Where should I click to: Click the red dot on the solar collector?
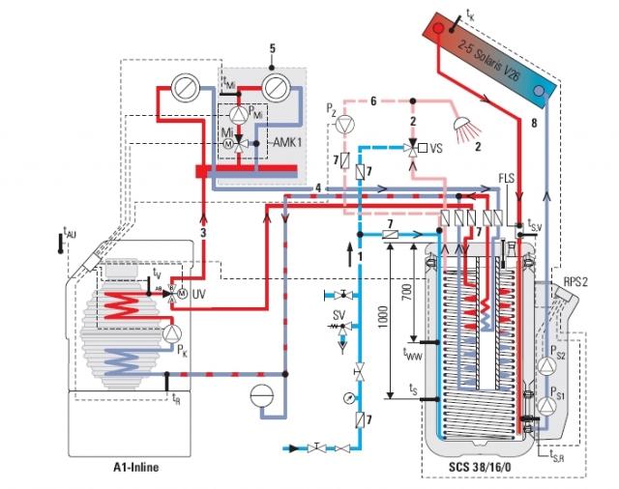tap(437, 28)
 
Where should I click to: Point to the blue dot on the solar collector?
tap(539, 89)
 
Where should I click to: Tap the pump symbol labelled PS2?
tap(544, 363)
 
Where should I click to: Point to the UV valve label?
tap(199, 293)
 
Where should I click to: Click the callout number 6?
tap(373, 100)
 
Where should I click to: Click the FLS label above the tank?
tap(507, 179)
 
